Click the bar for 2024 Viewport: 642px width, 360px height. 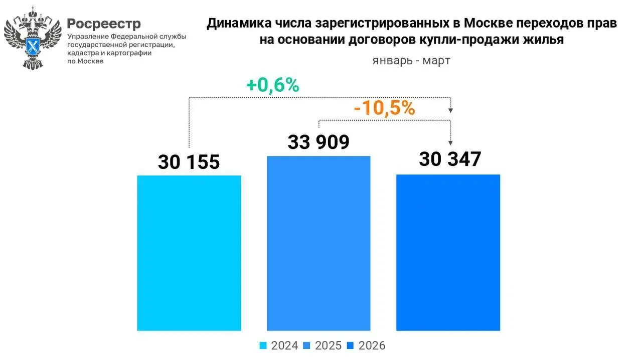pos(189,253)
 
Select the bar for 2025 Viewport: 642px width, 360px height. pos(318,243)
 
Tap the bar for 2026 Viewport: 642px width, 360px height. pos(448,252)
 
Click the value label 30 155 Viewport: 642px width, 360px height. pos(189,162)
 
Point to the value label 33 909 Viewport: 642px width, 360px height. pos(318,142)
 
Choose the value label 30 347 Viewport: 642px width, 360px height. pos(450,159)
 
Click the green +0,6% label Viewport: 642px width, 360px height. pos(272,85)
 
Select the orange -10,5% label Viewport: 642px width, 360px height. pos(384,108)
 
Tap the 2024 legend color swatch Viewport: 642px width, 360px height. pos(263,345)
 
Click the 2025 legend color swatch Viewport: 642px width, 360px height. pos(307,345)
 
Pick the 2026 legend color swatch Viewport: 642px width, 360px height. pos(351,345)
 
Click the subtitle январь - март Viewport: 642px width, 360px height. pos(411,61)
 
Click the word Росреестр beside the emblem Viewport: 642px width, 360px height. pos(104,24)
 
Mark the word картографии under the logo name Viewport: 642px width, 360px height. pos(126,53)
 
